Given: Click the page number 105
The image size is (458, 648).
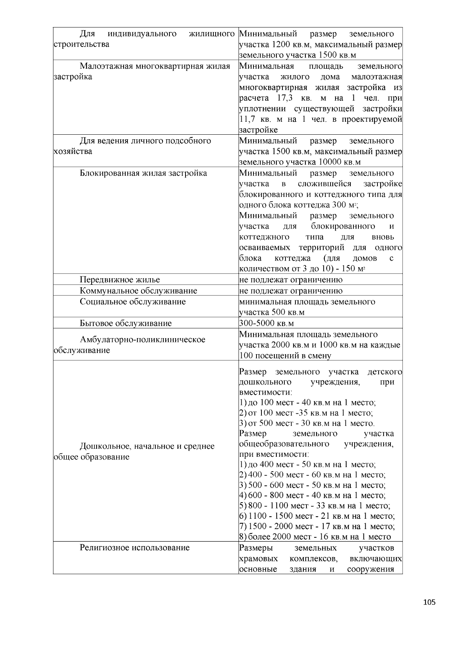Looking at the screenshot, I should pyautogui.click(x=429, y=603).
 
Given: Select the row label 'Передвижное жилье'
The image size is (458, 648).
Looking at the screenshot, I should pyautogui.click(x=120, y=280).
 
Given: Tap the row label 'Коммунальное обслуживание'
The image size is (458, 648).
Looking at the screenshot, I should pyautogui.click(x=138, y=291).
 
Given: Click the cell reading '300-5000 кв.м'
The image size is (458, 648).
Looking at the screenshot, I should pyautogui.click(x=266, y=324).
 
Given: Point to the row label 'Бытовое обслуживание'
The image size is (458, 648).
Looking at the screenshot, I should pyautogui.click(x=126, y=324).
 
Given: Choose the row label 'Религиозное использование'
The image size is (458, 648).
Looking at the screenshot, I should pyautogui.click(x=134, y=548).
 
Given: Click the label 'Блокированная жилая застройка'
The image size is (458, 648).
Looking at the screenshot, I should pyautogui.click(x=143, y=173).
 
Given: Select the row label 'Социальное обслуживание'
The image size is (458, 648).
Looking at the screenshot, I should pyautogui.click(x=132, y=302).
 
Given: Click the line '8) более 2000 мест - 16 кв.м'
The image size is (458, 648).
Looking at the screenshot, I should pyautogui.click(x=315, y=537).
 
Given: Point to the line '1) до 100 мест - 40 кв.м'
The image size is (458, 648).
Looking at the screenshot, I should pyautogui.click(x=307, y=403).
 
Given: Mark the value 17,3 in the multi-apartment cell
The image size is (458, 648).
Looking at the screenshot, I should pyautogui.click(x=284, y=98).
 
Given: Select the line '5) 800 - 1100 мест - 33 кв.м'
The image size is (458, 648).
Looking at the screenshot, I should pyautogui.click(x=314, y=506).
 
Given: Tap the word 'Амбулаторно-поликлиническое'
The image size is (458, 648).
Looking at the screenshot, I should pyautogui.click(x=142, y=340).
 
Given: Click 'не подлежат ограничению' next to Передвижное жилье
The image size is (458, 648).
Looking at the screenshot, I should pyautogui.click(x=291, y=280).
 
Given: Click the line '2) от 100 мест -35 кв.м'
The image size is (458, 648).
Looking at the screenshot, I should pyautogui.click(x=306, y=413).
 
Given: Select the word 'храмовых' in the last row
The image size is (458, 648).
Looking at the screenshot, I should pyautogui.click(x=258, y=559).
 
